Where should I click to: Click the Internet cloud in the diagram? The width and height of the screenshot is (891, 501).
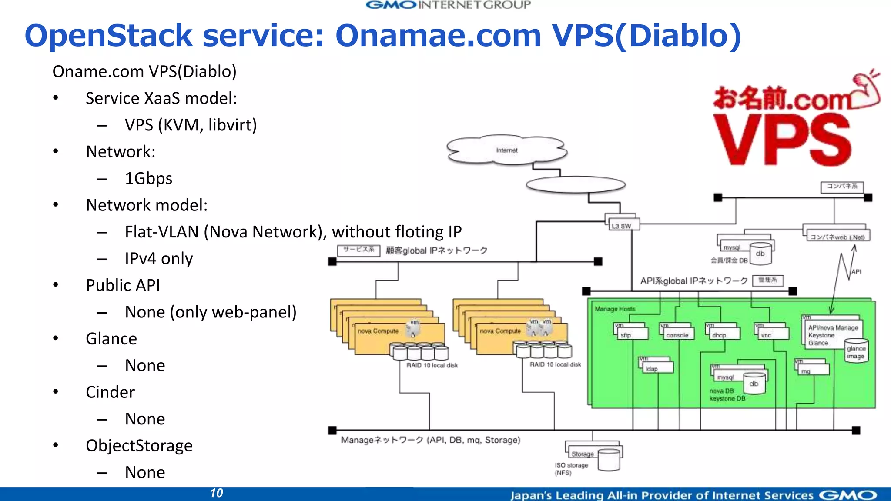pos(507,150)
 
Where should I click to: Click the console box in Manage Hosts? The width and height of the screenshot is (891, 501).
pos(678,334)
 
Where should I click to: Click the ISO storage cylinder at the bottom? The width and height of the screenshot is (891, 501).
pos(609,461)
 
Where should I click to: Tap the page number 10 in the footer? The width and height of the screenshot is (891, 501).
pos(216,493)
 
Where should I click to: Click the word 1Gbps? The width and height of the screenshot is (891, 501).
pos(148,179)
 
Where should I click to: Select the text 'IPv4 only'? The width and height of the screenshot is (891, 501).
pos(158,259)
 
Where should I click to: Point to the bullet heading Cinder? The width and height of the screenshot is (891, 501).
pos(110,392)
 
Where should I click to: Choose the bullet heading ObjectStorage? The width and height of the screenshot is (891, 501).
pos(139,446)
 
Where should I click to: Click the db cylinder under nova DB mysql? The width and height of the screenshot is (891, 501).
pos(754,384)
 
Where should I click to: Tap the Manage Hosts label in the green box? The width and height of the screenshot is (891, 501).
pos(615,309)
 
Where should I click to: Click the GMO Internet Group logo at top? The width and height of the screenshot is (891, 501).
pos(448,5)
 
